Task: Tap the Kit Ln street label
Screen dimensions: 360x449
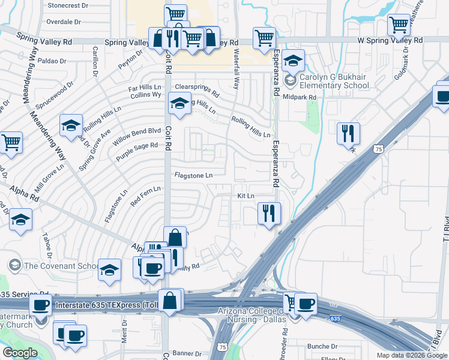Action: pos(246,196)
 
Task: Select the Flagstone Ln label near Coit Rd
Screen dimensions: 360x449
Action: pos(193,176)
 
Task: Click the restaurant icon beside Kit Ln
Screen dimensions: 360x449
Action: pos(269,214)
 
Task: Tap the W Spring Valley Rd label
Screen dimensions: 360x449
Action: pos(390,40)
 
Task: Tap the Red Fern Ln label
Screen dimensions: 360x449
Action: pos(142,196)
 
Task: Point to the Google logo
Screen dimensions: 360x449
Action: pos(20,353)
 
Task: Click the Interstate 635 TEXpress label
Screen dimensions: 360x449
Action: pos(105,305)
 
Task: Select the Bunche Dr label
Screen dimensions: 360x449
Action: pos(322,346)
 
